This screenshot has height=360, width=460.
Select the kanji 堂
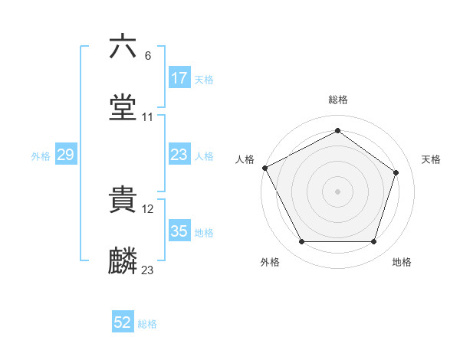123,108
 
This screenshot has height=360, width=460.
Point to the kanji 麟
123,261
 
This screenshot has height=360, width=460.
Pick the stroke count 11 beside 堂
148,117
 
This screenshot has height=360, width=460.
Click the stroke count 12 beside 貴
149,208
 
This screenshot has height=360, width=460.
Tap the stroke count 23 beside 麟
148,270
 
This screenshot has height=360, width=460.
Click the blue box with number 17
179,78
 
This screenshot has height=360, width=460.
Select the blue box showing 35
179,231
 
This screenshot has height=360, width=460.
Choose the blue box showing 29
65,155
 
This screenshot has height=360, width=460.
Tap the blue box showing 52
123,323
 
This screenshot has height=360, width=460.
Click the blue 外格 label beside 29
41,155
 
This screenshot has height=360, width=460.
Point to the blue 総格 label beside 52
147,324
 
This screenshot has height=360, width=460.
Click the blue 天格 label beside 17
203,79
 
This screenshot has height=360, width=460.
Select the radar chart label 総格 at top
338,100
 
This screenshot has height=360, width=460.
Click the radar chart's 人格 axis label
245,159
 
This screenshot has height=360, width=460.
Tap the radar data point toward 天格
396,172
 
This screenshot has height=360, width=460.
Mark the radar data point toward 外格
301,242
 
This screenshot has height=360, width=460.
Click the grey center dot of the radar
338,191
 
